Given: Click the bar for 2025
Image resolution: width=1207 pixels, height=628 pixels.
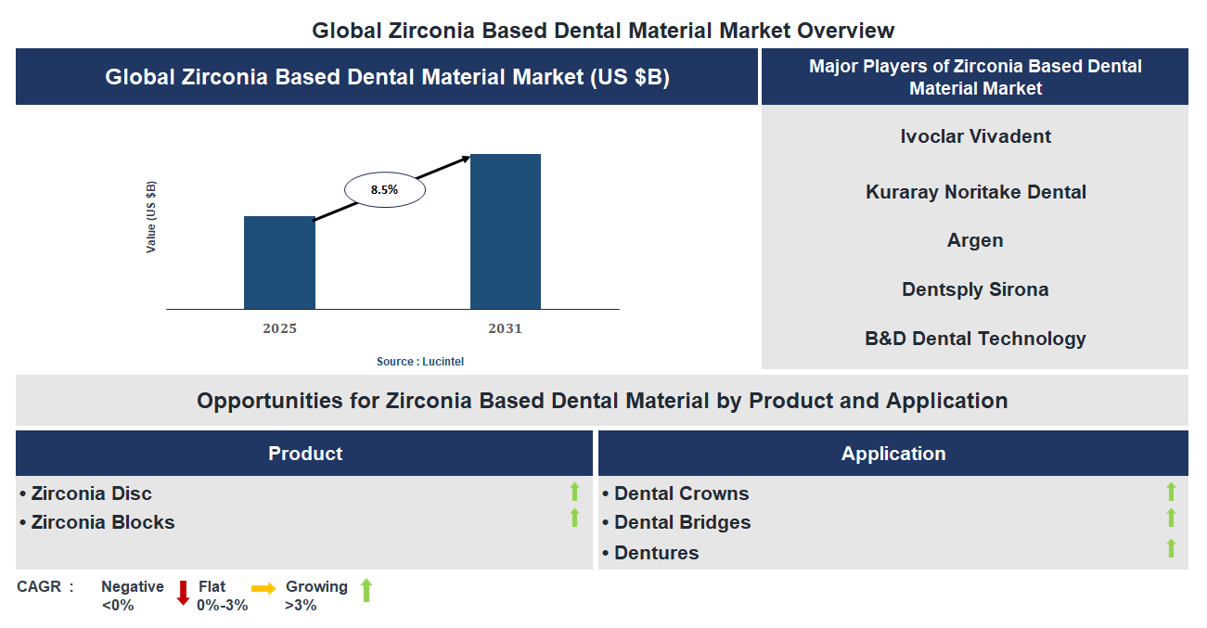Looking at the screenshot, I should pyautogui.click(x=279, y=263).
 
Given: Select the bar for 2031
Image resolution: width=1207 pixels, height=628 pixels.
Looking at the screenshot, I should pyautogui.click(x=505, y=231).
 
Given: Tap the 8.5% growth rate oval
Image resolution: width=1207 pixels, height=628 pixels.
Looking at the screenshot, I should pyautogui.click(x=384, y=189).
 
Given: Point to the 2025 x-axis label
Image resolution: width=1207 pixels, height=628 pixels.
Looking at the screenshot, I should pyautogui.click(x=279, y=328).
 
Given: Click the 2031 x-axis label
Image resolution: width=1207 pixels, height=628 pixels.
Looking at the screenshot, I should pyautogui.click(x=505, y=328).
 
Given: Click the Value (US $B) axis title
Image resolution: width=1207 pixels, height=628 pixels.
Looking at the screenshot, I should pyautogui.click(x=151, y=217).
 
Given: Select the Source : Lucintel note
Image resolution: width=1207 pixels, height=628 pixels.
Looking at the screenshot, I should pyautogui.click(x=419, y=362).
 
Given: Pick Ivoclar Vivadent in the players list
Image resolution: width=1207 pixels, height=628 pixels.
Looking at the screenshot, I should pyautogui.click(x=975, y=136).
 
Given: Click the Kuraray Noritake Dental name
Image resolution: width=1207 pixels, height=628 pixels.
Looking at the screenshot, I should pyautogui.click(x=975, y=192).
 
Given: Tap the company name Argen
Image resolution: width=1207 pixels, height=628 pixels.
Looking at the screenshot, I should pyautogui.click(x=975, y=240).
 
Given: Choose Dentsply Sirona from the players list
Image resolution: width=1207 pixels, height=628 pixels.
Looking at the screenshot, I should pyautogui.click(x=975, y=289).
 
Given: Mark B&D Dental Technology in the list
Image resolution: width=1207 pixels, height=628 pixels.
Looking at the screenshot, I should pyautogui.click(x=975, y=339).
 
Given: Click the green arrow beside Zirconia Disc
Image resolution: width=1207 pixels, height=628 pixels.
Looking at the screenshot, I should pyautogui.click(x=574, y=492).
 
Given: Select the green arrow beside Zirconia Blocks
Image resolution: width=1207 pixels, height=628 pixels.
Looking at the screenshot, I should pyautogui.click(x=574, y=518).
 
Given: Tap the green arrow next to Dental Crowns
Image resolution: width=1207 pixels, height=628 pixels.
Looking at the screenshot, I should pyautogui.click(x=1171, y=492).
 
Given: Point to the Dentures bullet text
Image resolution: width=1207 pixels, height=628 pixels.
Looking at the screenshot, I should pyautogui.click(x=656, y=553).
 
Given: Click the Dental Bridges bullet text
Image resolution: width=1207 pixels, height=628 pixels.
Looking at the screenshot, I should pyautogui.click(x=682, y=522).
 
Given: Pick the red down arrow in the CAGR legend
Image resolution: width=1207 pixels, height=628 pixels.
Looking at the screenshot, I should pyautogui.click(x=183, y=592).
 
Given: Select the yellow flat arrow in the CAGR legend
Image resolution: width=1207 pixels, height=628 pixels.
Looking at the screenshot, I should pyautogui.click(x=263, y=588).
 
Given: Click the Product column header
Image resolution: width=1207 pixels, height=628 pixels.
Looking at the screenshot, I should pyautogui.click(x=305, y=454).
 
